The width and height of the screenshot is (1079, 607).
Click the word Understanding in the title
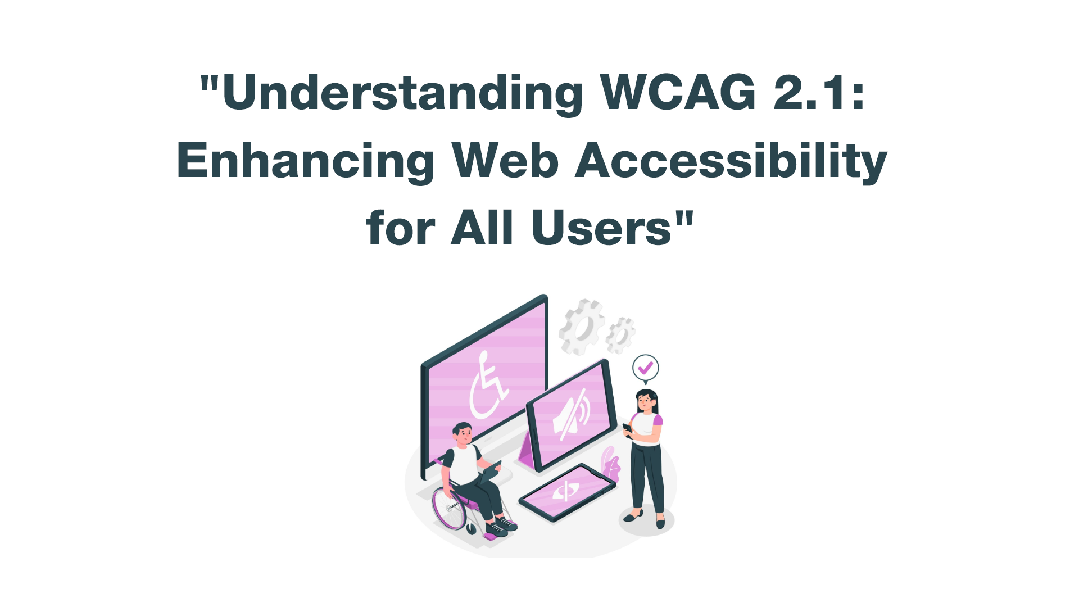(x=404, y=93)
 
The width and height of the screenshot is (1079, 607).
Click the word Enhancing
(x=306, y=162)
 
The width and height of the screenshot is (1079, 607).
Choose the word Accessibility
(x=731, y=162)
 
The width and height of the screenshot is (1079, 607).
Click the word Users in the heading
(x=601, y=228)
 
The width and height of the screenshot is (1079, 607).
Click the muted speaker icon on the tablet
(x=572, y=415)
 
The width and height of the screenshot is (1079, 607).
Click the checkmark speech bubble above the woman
(x=645, y=369)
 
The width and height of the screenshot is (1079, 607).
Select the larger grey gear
(x=582, y=327)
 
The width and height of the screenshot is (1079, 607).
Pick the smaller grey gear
(x=620, y=336)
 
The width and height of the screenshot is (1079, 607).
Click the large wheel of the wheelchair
(x=450, y=509)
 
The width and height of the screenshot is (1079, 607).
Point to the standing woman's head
(x=646, y=400)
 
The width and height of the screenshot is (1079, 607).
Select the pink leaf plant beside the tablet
(x=610, y=464)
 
